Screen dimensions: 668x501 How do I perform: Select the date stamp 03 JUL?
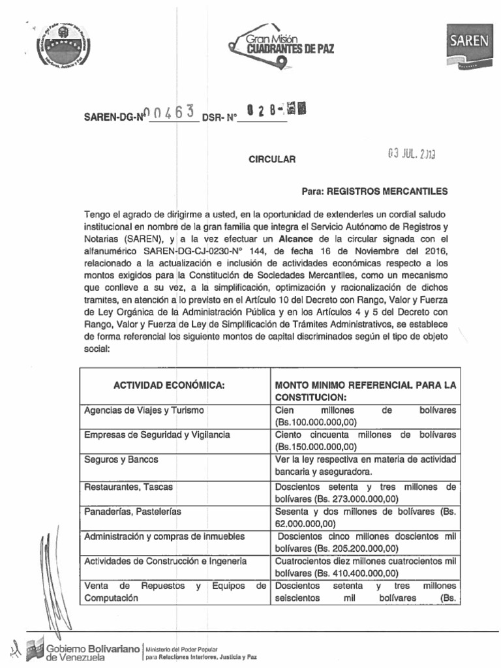click(410, 155)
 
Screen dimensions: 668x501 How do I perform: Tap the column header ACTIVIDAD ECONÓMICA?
click(169, 386)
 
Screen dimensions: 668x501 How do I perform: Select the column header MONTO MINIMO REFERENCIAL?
click(365, 391)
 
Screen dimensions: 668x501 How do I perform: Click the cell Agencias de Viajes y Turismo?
click(144, 410)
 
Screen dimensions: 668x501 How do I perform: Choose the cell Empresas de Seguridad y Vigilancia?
click(157, 434)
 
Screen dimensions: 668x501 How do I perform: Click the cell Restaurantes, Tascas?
click(129, 486)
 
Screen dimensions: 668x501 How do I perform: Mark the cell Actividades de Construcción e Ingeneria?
click(166, 561)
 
